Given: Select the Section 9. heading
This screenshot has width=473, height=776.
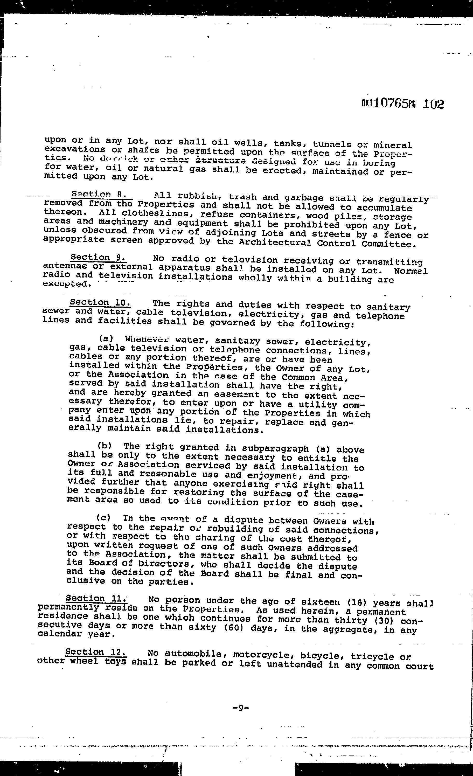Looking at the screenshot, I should click(x=98, y=257).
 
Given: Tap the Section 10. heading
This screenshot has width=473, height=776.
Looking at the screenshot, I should click(x=100, y=303).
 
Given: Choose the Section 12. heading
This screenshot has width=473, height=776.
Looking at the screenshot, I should click(x=96, y=652).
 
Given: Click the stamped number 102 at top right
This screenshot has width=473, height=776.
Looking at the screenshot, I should click(x=433, y=104).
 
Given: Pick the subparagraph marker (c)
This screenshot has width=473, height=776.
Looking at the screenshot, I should click(x=103, y=517).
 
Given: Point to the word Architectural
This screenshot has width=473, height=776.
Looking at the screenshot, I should click(x=275, y=242).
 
